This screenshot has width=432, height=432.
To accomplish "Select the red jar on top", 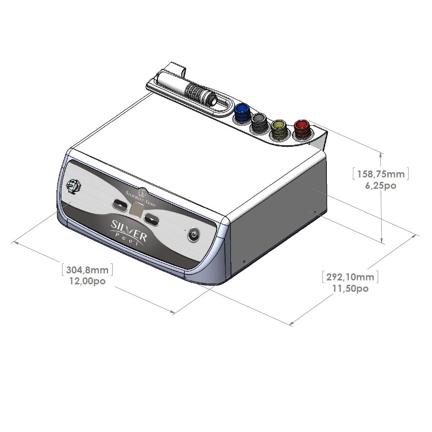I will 302,128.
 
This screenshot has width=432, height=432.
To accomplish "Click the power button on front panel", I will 194,236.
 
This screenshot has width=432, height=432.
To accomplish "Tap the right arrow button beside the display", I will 152,219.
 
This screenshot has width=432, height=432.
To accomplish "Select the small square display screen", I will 136,212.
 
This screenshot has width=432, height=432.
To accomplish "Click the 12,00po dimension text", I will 88,281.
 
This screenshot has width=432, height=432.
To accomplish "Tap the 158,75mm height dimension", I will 380,174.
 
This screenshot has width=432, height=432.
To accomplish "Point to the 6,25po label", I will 380,185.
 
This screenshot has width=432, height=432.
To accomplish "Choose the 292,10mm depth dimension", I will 350,277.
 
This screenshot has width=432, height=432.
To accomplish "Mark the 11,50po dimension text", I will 350,288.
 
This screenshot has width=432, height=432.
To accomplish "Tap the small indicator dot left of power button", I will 185,230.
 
